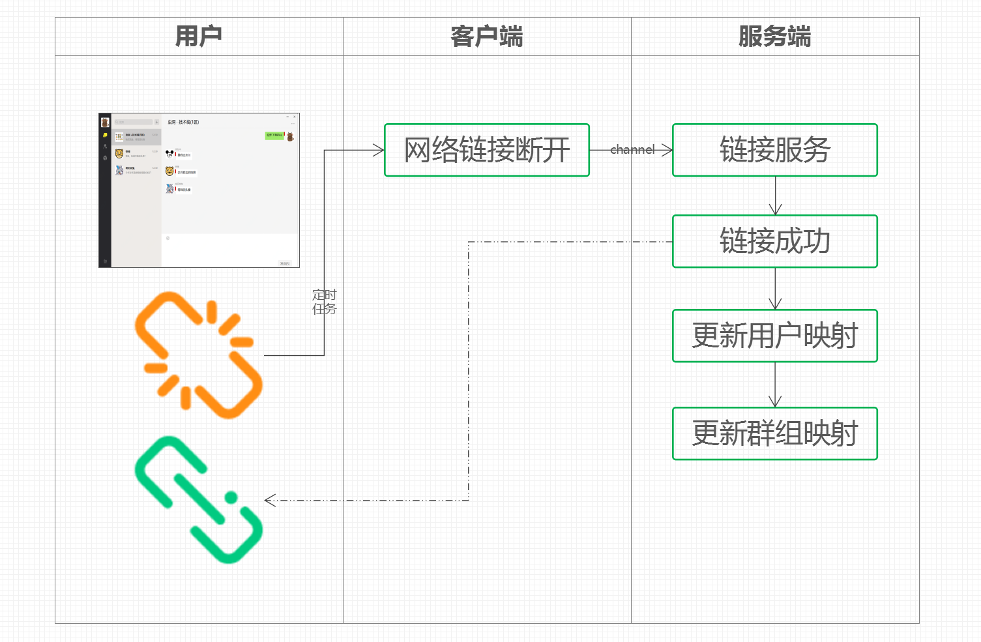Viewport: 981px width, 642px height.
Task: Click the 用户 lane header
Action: pos(199,36)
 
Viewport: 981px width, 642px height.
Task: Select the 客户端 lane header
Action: pos(487,36)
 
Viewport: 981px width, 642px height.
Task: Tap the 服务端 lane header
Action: pos(775,36)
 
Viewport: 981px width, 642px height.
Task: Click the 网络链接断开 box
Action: pos(487,150)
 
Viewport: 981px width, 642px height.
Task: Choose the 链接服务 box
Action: pos(775,150)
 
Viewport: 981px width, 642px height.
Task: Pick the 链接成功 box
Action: pos(775,241)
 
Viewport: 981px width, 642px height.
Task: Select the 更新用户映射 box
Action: pos(775,336)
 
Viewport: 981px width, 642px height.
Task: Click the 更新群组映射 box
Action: pos(775,433)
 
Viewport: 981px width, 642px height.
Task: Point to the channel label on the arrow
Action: pos(632,150)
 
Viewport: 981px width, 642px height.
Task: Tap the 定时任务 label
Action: pos(324,302)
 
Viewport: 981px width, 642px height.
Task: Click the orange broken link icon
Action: pos(199,355)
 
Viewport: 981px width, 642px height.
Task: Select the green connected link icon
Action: pos(199,500)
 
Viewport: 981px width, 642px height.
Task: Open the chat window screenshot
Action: pos(199,190)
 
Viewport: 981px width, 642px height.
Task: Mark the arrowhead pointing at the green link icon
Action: pos(270,500)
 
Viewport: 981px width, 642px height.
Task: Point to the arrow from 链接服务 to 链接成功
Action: pos(775,196)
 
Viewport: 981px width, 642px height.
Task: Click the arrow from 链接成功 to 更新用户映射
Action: pos(775,288)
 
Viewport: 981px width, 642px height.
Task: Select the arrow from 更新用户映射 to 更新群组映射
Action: pos(775,385)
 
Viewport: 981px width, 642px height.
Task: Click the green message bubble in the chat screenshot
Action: pos(274,136)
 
